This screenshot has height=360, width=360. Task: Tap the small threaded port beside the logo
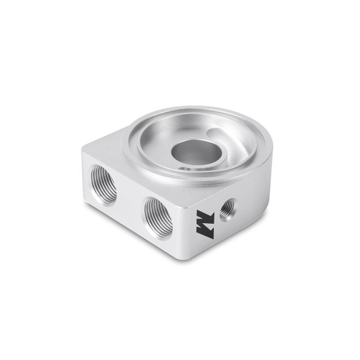click(227, 208)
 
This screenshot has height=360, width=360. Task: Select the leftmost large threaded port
click(103, 184)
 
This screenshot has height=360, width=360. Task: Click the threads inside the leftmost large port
click(97, 182)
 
